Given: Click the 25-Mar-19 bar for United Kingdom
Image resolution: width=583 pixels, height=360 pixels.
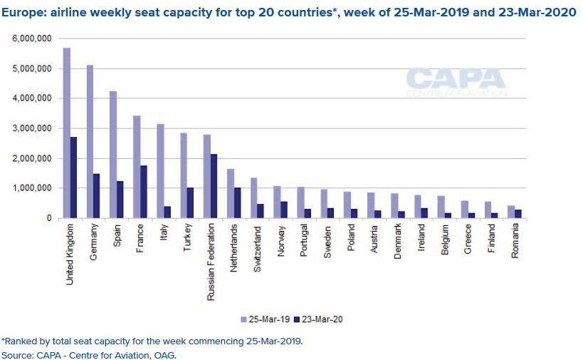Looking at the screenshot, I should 67,133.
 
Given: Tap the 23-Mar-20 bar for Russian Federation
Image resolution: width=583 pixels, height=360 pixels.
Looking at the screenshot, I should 214,186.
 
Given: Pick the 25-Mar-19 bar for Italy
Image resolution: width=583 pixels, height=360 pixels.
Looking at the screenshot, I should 160,171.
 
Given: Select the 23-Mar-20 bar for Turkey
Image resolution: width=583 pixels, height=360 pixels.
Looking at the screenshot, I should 191,202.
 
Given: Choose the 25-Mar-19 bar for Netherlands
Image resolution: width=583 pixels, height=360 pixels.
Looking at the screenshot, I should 230,193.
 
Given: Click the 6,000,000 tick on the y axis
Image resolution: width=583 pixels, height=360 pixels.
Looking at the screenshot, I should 31,39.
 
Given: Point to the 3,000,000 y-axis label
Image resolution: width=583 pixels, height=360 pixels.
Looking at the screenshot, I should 31,128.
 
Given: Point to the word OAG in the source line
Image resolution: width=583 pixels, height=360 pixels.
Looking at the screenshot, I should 165,354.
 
